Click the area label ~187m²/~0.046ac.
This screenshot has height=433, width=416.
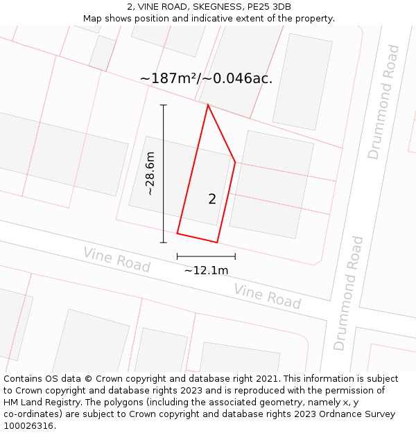click(206, 79)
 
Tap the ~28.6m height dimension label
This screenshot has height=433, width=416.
click(150, 173)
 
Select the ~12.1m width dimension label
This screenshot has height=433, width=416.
click(206, 271)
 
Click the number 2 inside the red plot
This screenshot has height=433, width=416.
click(212, 200)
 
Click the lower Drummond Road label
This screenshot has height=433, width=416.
click(348, 293)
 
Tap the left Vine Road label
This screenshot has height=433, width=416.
click(116, 259)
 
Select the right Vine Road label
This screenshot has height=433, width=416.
click(267, 297)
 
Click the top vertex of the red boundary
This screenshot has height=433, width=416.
click(207, 105)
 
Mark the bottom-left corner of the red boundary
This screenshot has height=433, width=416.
click(177, 233)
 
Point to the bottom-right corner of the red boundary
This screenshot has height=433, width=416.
click(217, 242)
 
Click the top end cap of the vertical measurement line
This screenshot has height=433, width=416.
click(164, 105)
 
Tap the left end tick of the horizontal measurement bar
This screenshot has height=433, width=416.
click(177, 256)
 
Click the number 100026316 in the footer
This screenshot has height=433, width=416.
click(28, 426)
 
